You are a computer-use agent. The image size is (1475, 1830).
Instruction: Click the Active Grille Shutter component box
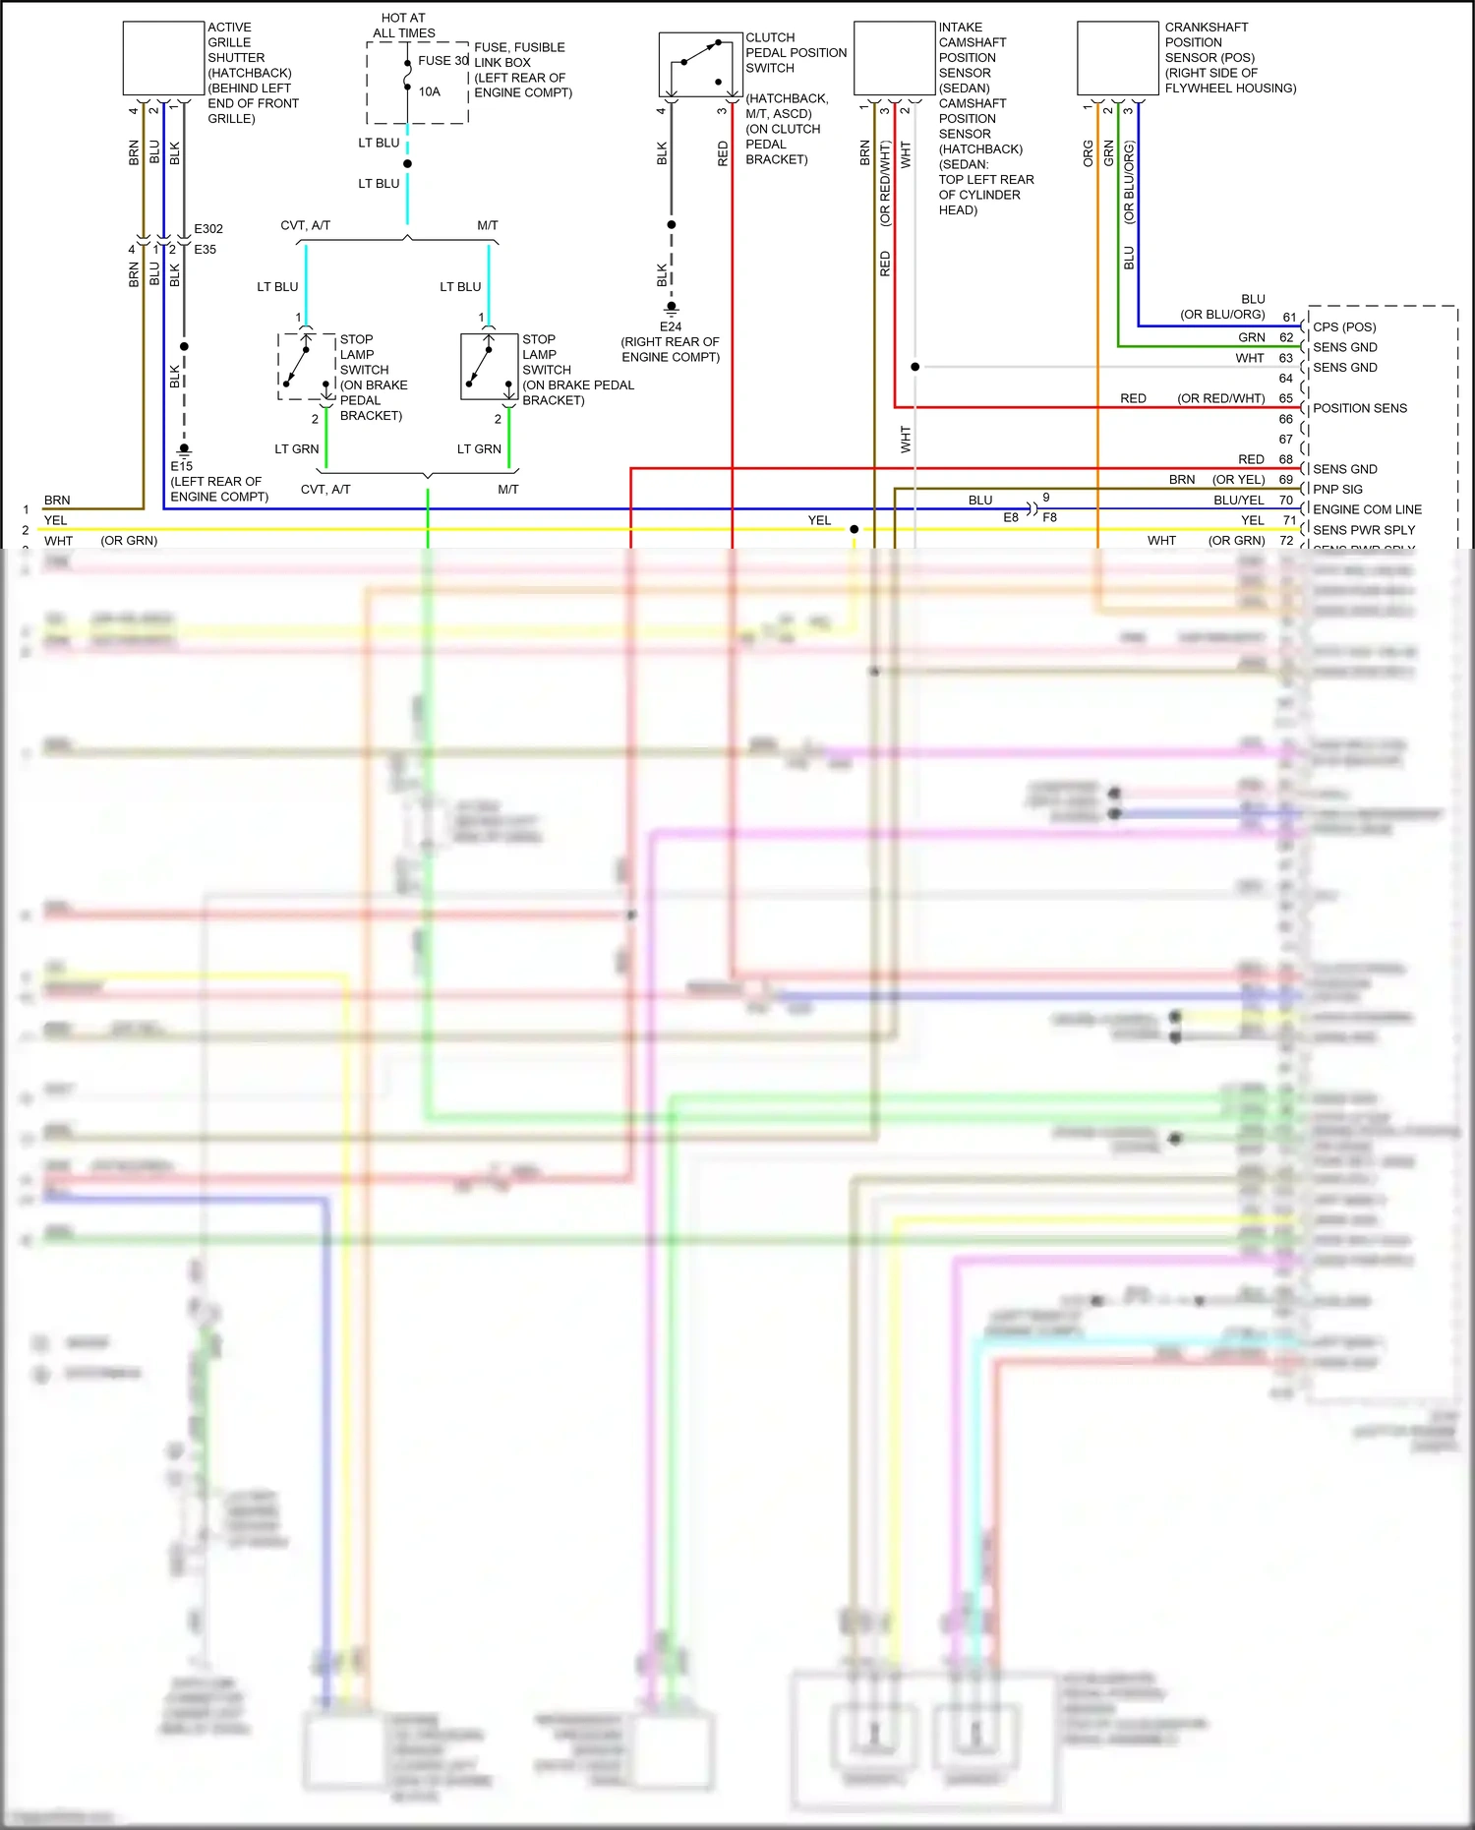(x=163, y=58)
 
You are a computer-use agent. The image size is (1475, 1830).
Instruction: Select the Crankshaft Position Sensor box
(x=1118, y=58)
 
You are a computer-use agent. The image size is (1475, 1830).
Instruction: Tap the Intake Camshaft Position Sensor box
(x=894, y=58)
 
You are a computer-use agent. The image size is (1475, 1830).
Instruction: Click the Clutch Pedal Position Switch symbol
(x=700, y=65)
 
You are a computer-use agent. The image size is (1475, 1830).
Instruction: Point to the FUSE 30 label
(x=442, y=61)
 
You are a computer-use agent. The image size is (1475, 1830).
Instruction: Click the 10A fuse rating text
(x=430, y=91)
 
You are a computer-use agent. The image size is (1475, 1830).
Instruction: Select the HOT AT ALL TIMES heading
(x=403, y=26)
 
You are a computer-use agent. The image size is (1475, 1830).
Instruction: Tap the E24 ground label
(x=671, y=326)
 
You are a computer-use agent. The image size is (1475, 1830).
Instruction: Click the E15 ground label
(x=182, y=466)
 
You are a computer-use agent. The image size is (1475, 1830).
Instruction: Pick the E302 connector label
(x=208, y=228)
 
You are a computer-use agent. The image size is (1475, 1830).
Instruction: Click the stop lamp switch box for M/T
(x=489, y=367)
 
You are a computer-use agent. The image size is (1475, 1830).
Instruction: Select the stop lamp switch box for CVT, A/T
(x=307, y=367)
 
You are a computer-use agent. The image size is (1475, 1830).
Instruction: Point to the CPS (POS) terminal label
(x=1344, y=326)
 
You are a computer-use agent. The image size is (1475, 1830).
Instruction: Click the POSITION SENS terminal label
(x=1360, y=408)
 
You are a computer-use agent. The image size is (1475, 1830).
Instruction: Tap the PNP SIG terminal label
(x=1337, y=489)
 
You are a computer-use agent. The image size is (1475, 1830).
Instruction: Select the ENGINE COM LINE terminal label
(x=1367, y=509)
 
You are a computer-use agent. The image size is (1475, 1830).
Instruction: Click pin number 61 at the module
(x=1289, y=318)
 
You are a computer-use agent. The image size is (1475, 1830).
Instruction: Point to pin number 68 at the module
(x=1286, y=459)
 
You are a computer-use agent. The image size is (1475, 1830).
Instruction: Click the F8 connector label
(x=1050, y=517)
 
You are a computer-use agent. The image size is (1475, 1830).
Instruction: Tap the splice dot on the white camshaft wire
(x=915, y=367)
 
